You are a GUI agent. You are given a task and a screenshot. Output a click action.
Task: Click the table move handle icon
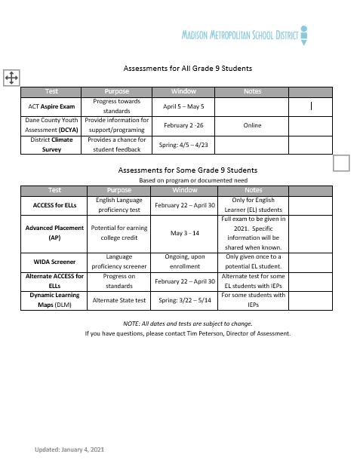tap(11, 77)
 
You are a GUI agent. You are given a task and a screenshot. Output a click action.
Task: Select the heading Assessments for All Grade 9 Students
tap(187, 69)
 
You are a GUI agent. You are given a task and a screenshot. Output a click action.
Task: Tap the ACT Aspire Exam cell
tap(51, 106)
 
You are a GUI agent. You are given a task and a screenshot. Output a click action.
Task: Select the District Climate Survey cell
tap(51, 144)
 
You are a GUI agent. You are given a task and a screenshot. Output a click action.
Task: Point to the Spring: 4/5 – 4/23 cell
tap(183, 144)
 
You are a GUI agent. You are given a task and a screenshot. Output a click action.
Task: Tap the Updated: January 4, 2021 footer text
tap(69, 449)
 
